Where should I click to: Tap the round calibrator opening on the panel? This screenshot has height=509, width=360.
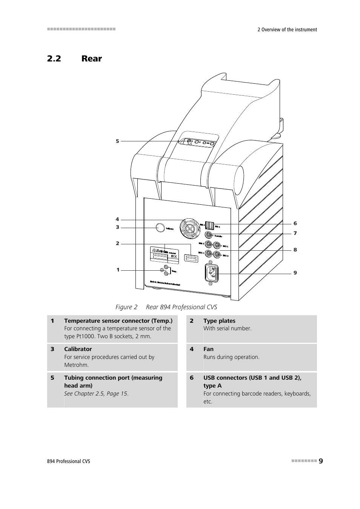point(160,227)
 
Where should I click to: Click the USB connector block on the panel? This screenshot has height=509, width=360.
point(209,225)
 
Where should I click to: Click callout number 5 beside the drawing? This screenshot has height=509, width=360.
point(117,141)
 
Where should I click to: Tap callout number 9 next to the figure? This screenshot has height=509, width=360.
point(295,273)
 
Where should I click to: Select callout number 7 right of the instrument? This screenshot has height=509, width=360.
point(295,233)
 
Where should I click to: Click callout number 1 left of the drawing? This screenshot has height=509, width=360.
point(118,270)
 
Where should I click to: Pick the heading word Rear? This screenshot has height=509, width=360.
point(92,58)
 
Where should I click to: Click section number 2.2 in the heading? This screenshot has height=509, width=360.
point(54,58)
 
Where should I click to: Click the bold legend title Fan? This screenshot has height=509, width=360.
point(208,349)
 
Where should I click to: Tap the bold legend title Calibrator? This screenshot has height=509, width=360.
point(78,349)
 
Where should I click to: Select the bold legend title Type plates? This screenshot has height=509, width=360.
point(219,321)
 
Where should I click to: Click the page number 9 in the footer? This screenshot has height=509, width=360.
point(321,461)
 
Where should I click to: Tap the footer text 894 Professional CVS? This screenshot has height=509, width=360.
point(69,461)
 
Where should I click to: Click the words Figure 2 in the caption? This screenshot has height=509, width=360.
point(126,307)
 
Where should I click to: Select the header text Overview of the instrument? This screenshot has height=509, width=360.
point(289,29)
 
